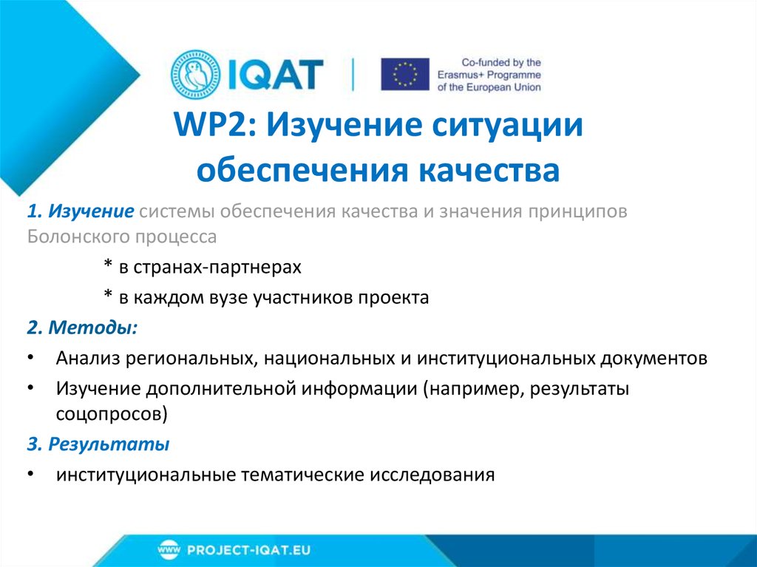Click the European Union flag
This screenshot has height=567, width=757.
(x=404, y=75)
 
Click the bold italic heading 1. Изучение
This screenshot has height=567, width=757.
(x=81, y=212)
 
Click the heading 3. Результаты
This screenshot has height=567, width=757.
(x=98, y=444)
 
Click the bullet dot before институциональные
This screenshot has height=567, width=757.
(x=29, y=475)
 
